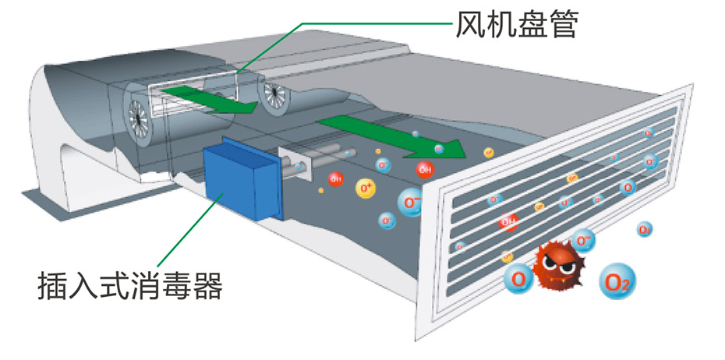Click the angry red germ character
click(x=560, y=268)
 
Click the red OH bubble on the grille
click(x=508, y=222)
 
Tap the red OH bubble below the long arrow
click(x=425, y=169)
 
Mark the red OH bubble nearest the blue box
click(x=336, y=179)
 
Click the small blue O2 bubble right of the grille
click(x=644, y=230)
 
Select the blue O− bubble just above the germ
click(x=582, y=239)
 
